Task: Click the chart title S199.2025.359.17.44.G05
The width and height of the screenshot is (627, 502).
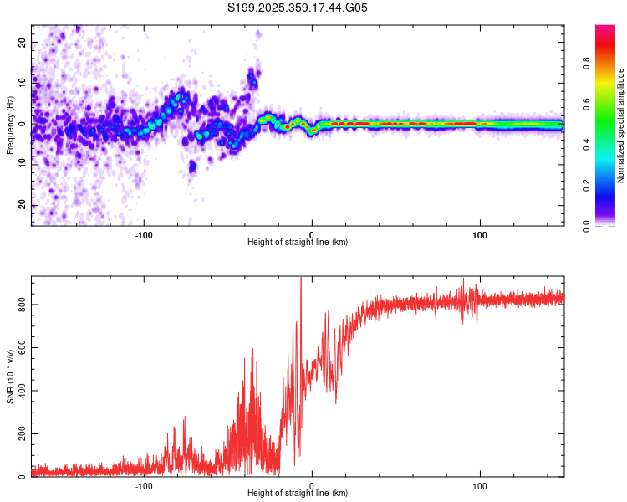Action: [x=298, y=8]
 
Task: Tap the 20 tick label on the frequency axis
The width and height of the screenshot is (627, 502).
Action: [x=23, y=42]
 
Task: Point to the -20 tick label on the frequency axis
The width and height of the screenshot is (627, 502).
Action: [x=21, y=206]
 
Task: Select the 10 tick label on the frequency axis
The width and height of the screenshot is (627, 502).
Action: [x=23, y=83]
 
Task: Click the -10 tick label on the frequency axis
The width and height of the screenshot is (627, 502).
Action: [x=21, y=165]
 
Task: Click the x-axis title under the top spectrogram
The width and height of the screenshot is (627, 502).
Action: [x=298, y=243]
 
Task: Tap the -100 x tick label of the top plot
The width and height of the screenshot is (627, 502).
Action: [x=143, y=234]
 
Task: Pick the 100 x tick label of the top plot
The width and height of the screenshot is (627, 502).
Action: [x=480, y=234]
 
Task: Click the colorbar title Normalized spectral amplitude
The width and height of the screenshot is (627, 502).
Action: [x=621, y=125]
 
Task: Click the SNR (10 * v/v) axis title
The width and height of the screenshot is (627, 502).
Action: [x=10, y=376]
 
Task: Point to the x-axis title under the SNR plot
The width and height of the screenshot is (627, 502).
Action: [x=298, y=494]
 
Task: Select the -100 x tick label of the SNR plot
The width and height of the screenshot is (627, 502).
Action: [x=143, y=485]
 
